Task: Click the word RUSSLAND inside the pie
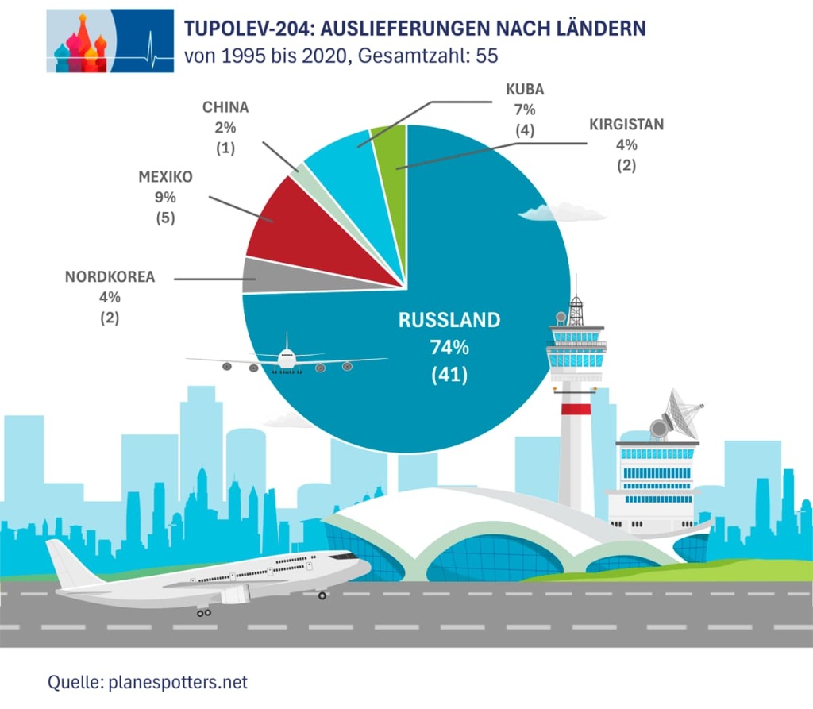(x=449, y=320)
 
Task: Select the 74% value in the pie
(x=449, y=347)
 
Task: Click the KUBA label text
(x=525, y=89)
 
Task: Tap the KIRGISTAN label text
(x=626, y=125)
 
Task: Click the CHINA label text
(x=225, y=107)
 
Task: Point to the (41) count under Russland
(x=449, y=374)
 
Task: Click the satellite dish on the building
(x=679, y=412)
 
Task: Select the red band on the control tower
(x=576, y=408)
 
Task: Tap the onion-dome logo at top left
(x=79, y=44)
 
